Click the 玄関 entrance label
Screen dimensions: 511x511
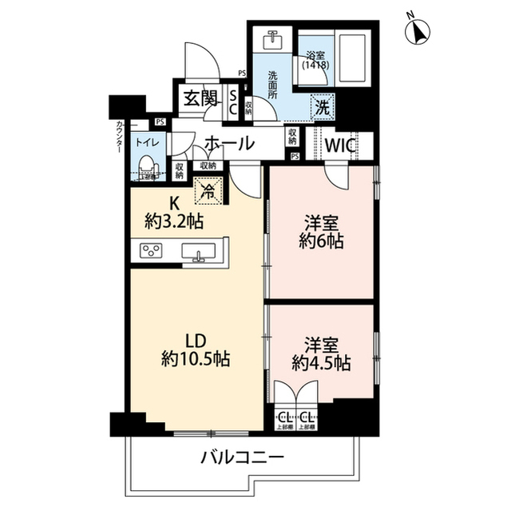200,98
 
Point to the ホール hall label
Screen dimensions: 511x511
229,144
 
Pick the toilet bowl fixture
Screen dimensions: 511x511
146,166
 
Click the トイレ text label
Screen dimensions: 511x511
146,142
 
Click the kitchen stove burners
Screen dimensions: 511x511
151,252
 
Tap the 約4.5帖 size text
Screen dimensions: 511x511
320,363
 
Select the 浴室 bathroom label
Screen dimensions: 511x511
315,56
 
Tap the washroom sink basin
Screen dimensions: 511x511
273,38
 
